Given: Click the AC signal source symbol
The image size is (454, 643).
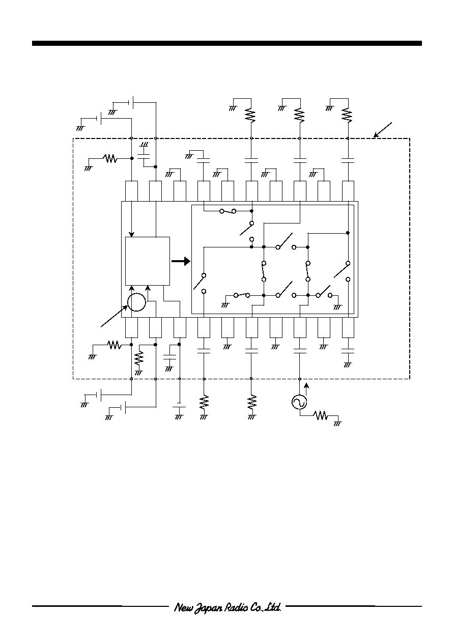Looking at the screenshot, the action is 299,402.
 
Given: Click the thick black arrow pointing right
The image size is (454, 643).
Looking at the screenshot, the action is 181,261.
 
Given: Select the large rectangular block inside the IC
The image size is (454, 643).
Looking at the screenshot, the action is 148,261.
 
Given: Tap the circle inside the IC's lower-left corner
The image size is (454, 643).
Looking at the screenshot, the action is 136,302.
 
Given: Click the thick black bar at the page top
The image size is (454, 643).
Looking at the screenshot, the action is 226,43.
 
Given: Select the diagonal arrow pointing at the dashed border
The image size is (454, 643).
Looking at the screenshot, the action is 383,130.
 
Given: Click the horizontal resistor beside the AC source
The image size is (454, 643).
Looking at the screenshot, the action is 321,415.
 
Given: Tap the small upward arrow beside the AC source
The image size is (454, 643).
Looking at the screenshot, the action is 307,389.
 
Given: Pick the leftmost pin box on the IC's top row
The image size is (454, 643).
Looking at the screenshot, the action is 131,191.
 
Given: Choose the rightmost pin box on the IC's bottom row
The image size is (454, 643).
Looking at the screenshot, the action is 348,327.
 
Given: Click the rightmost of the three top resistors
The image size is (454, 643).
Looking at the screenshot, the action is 347,115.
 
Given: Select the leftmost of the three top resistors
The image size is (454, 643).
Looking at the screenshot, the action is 250,115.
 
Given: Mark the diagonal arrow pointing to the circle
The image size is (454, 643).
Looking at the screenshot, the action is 114,316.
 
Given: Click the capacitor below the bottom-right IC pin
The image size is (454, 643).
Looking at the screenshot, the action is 348,351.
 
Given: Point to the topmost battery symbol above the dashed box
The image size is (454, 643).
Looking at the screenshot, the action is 131,102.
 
